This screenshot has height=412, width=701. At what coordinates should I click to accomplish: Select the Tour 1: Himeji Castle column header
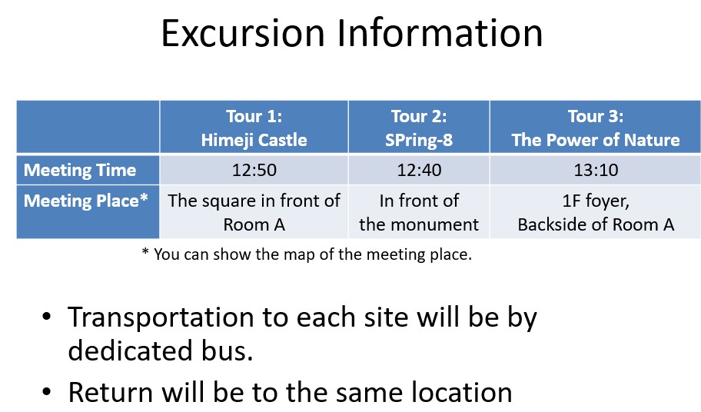(254, 128)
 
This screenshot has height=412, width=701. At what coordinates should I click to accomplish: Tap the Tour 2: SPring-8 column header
(419, 128)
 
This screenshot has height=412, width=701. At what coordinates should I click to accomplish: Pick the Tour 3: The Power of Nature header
(596, 128)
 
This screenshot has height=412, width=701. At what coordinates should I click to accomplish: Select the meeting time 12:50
(254, 170)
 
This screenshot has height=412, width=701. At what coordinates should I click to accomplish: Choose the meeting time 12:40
(419, 170)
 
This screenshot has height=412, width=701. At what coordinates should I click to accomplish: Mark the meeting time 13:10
(596, 170)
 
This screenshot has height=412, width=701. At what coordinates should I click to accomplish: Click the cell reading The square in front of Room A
(254, 212)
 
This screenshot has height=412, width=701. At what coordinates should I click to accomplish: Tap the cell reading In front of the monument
(419, 212)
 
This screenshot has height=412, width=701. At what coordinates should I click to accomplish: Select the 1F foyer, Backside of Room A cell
(596, 212)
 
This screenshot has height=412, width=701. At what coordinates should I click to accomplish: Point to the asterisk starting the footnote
(145, 251)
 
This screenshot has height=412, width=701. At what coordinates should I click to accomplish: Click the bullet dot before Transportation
(46, 317)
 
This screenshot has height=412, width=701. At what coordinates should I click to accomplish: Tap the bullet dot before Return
(46, 391)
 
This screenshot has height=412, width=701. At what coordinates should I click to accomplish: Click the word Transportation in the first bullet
(161, 317)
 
